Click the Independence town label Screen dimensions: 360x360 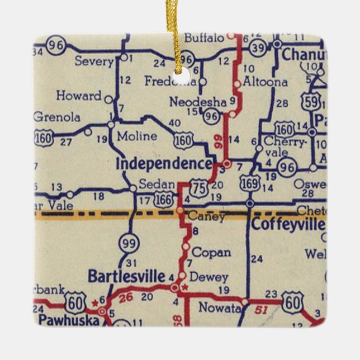point(163,164)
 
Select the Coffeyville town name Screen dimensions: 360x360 point(287,225)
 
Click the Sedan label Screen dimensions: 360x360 point(153,183)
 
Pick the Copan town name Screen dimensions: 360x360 point(211,252)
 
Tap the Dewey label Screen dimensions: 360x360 point(209,277)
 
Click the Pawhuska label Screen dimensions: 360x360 point(70,320)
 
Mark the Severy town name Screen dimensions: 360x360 point(94,61)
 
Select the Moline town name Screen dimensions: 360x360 point(137,136)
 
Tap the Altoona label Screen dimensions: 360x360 point(266,82)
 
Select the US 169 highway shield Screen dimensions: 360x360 point(250,182)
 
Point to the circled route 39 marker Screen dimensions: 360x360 point(258,49)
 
